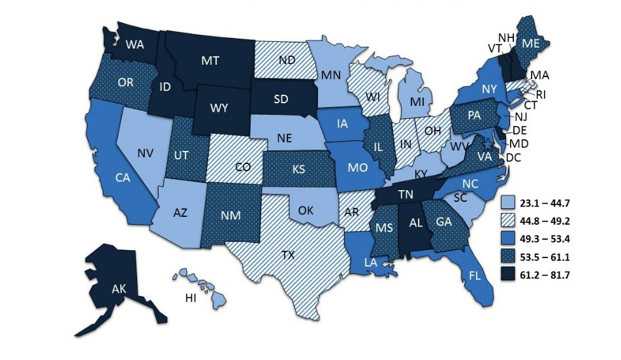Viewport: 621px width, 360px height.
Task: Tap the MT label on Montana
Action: tap(211, 60)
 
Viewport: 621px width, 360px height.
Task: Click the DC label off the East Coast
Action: tap(514, 158)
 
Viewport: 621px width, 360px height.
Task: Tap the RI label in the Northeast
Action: tap(541, 94)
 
